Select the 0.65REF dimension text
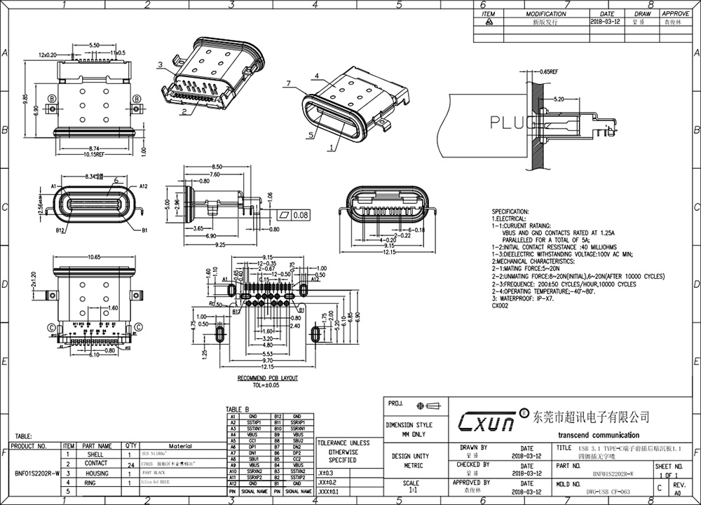(548, 71)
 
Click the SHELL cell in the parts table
(96, 455)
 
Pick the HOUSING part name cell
(96, 473)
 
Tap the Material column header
(180, 445)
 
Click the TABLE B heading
(238, 409)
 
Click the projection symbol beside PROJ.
(428, 405)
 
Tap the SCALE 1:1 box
(411, 487)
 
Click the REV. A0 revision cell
(679, 488)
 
